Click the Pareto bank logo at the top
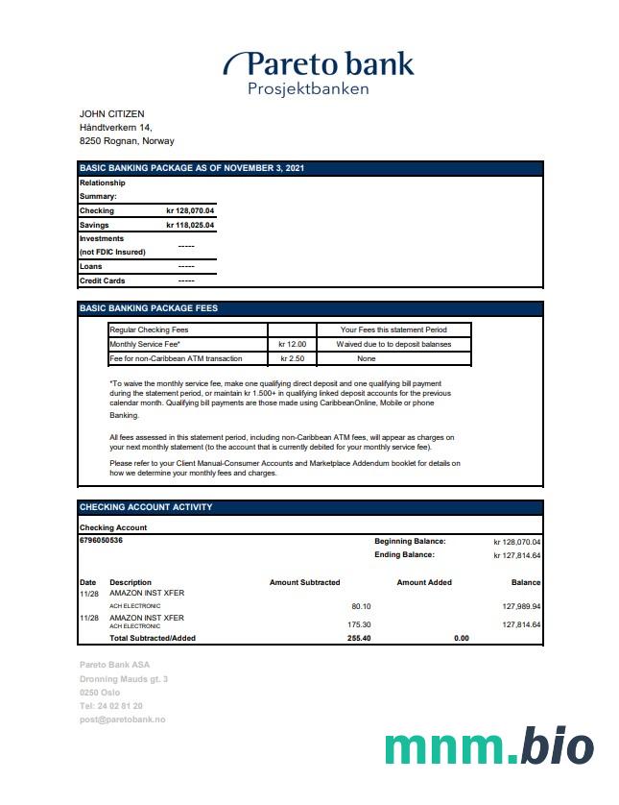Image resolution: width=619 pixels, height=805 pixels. pyautogui.click(x=319, y=65)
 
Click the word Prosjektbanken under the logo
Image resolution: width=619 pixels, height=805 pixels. pyautogui.click(x=308, y=89)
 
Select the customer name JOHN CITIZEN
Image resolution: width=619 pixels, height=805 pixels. pyautogui.click(x=111, y=114)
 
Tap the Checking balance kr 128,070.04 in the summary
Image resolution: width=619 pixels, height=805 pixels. pyautogui.click(x=190, y=210)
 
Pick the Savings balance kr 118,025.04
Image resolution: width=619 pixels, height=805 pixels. pyautogui.click(x=190, y=225)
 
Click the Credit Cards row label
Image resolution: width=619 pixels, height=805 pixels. pyautogui.click(x=103, y=281)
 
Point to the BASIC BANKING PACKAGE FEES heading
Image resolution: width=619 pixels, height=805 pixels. pyautogui.click(x=149, y=308)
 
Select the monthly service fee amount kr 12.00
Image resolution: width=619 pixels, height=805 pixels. pyautogui.click(x=292, y=344)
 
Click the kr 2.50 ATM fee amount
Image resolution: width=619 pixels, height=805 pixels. pyautogui.click(x=292, y=358)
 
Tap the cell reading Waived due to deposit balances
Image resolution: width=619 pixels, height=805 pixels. pyautogui.click(x=393, y=344)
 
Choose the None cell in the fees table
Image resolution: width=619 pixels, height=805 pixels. pyautogui.click(x=366, y=358)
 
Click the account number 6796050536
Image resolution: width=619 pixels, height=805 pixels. pyautogui.click(x=101, y=540)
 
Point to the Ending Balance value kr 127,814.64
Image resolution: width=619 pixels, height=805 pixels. pyautogui.click(x=516, y=555)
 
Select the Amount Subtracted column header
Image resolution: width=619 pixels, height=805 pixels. pyautogui.click(x=304, y=582)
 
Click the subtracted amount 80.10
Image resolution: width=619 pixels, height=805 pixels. pyautogui.click(x=361, y=606)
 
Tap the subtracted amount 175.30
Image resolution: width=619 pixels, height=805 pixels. pyautogui.click(x=358, y=624)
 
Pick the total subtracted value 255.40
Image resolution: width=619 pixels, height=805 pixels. pyautogui.click(x=358, y=638)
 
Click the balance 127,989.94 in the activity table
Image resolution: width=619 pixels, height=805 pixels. pyautogui.click(x=521, y=606)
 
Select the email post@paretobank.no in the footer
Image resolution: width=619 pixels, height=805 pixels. pyautogui.click(x=123, y=720)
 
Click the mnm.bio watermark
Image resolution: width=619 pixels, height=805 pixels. pyautogui.click(x=488, y=747)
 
